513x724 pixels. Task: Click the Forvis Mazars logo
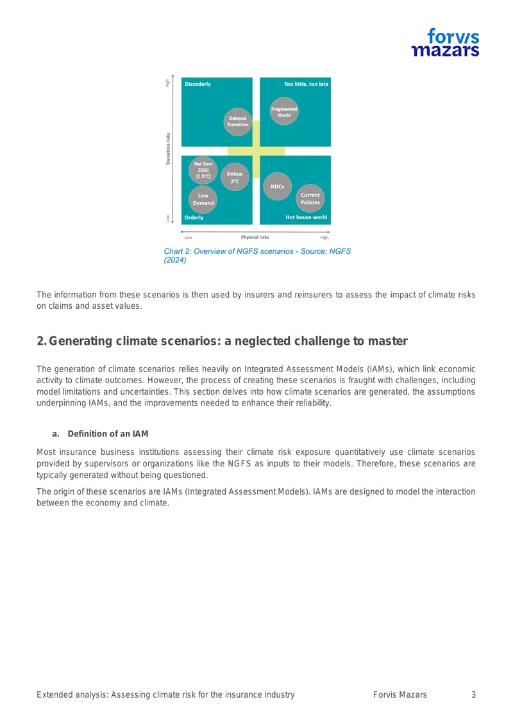(445, 42)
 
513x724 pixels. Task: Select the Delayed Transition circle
(238, 122)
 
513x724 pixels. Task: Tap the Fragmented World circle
(284, 111)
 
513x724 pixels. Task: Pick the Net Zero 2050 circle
(203, 170)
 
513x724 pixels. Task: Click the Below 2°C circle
(235, 177)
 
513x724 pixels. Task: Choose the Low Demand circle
(203, 199)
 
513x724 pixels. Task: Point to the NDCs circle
(277, 186)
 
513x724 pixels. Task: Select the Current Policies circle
(310, 198)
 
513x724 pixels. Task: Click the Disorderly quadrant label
(198, 84)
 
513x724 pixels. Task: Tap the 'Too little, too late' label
(306, 84)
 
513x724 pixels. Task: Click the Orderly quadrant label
(194, 217)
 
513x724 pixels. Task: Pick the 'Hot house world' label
(306, 217)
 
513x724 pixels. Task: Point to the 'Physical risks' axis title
(255, 237)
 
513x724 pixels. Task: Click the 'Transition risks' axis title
(168, 149)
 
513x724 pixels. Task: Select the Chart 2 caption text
(257, 256)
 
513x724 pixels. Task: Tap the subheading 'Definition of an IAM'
(108, 434)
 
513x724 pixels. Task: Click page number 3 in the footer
(473, 695)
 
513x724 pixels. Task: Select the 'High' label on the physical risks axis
(324, 238)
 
